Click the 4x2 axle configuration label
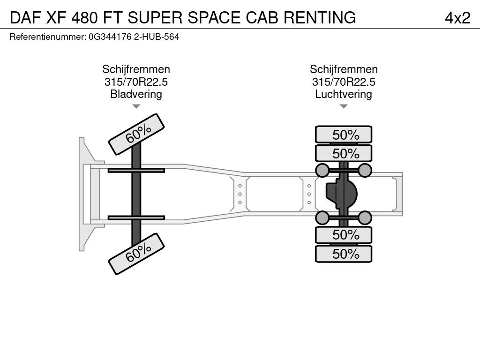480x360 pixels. click(x=457, y=17)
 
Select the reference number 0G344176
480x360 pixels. click(x=111, y=36)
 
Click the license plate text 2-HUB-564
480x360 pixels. click(x=157, y=36)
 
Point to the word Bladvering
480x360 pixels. click(x=136, y=94)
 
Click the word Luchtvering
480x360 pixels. click(x=344, y=94)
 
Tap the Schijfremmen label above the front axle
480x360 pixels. click(x=136, y=69)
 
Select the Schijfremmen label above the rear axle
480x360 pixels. click(x=344, y=69)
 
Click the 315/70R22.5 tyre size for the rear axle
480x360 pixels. click(x=344, y=82)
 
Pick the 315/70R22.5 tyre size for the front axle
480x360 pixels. click(x=136, y=82)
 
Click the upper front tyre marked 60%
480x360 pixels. click(x=137, y=134)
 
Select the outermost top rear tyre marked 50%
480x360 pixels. click(x=344, y=135)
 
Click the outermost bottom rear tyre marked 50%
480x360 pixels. click(x=344, y=254)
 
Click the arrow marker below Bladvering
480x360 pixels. click(x=136, y=106)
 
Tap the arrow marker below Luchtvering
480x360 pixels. click(x=344, y=106)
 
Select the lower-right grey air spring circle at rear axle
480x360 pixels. click(x=365, y=217)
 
